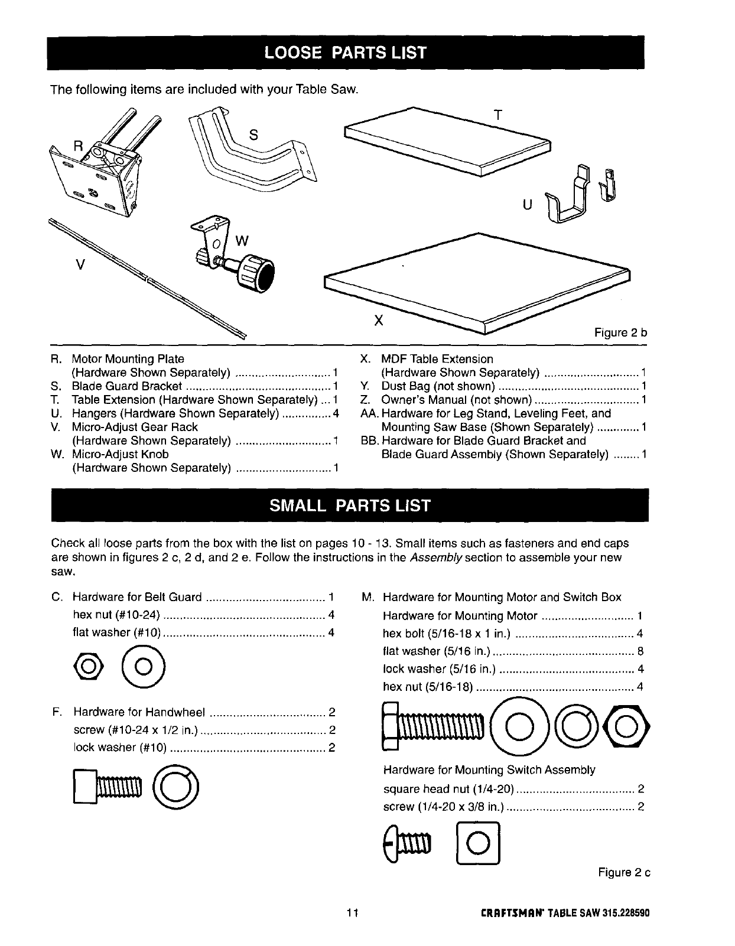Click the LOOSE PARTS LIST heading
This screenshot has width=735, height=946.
pos(346,53)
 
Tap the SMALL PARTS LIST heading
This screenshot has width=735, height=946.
pos(350,506)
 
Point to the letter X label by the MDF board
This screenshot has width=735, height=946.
pos(379,321)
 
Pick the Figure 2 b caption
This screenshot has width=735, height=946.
pos(620,333)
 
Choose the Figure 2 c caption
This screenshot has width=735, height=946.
pos(624,873)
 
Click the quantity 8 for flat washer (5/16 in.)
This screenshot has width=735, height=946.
pos(640,652)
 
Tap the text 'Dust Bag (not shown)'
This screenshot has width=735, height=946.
pos(438,386)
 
